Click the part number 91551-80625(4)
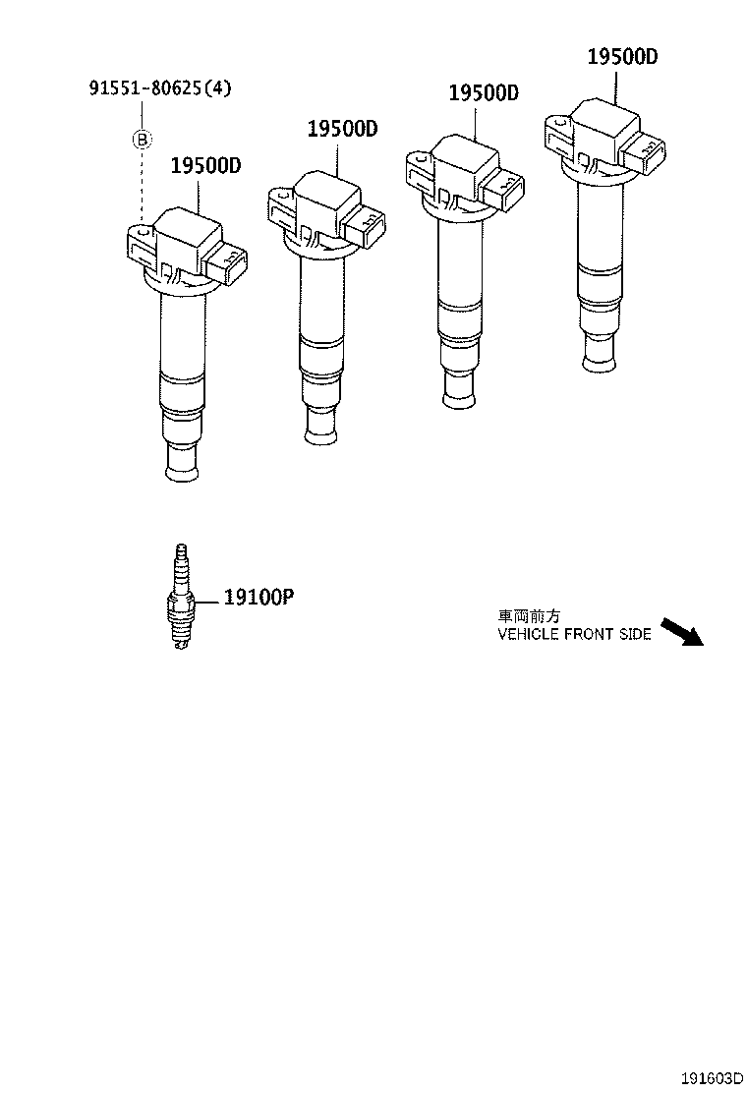point(159,88)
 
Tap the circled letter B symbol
point(142,141)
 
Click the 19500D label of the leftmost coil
point(205,166)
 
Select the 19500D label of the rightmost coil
point(622,56)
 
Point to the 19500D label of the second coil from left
point(343,129)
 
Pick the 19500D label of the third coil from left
point(484,92)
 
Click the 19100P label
point(259,598)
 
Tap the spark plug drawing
point(182,597)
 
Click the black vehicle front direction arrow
point(681,632)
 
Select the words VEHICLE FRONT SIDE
point(574,634)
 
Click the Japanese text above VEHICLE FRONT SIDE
point(529,617)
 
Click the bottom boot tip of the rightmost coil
point(601,357)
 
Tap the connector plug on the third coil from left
point(504,191)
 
